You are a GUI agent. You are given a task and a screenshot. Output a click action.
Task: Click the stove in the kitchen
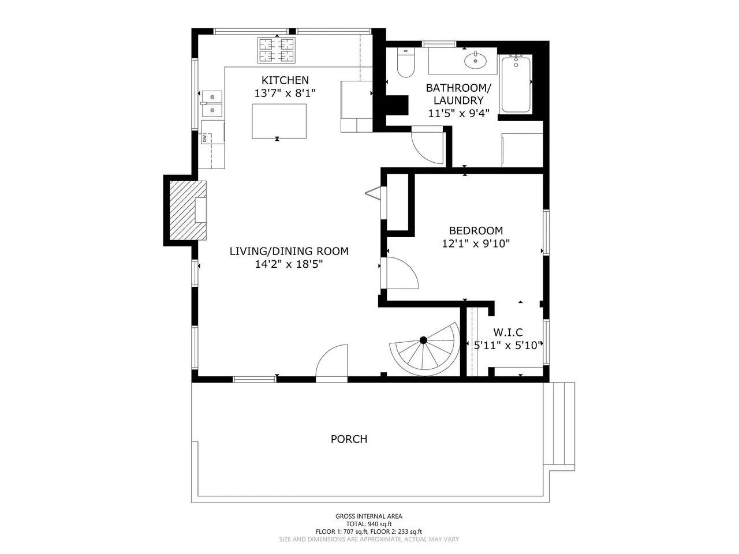[x=276, y=50]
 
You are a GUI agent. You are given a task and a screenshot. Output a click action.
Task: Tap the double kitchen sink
[x=211, y=104]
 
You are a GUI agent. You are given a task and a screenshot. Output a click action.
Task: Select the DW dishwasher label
[x=204, y=138]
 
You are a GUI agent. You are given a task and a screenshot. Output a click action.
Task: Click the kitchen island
[x=279, y=121]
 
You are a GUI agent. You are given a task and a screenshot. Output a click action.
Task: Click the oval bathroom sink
[x=475, y=61]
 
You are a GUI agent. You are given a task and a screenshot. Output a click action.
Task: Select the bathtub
[x=516, y=84]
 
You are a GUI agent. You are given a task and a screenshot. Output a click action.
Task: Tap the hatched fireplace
[x=188, y=211]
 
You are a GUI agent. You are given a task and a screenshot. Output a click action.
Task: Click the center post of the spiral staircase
[x=423, y=340]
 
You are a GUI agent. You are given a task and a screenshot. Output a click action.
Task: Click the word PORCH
[x=349, y=439]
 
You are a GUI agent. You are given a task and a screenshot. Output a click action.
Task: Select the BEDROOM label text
[x=476, y=231]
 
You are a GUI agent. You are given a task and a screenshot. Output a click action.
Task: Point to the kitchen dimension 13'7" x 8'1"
[x=285, y=93]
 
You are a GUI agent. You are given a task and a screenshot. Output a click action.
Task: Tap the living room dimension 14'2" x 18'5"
[x=289, y=264]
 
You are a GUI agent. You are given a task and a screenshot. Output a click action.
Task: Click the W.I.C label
[x=508, y=332]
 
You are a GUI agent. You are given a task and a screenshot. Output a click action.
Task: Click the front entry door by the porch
[x=331, y=364]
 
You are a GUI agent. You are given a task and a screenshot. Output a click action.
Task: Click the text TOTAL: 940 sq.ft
[x=369, y=524]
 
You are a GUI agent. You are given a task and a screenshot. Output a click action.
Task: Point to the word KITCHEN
[x=285, y=80]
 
